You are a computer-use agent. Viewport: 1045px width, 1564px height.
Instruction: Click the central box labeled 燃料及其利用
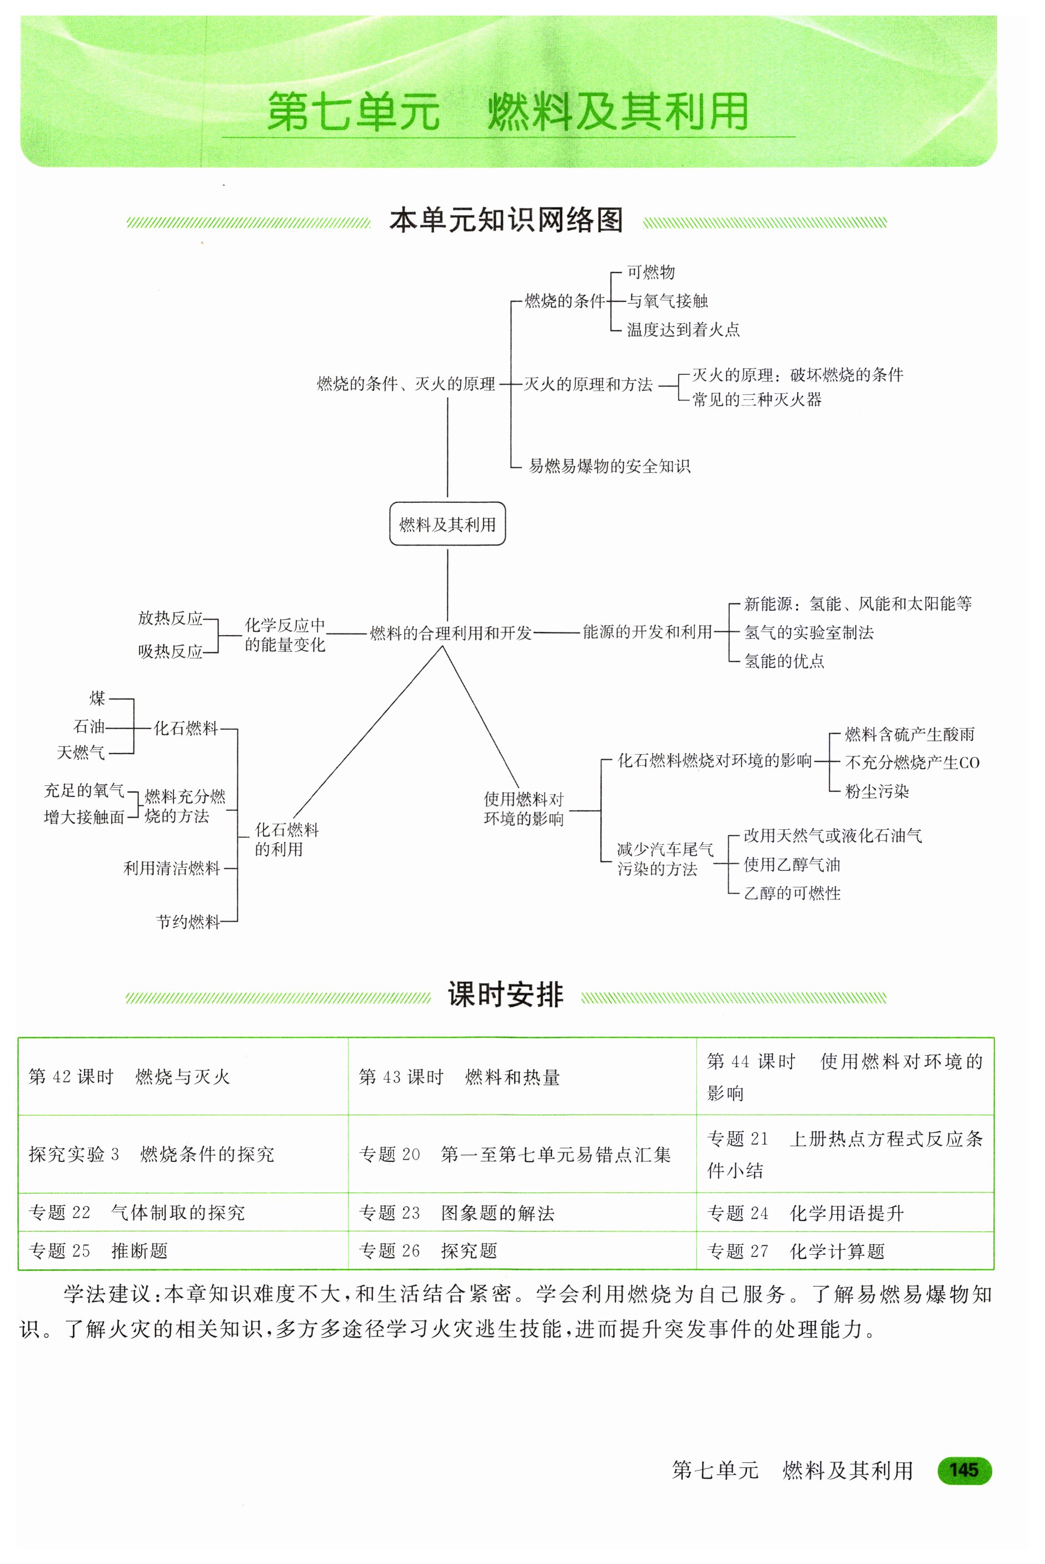tap(447, 524)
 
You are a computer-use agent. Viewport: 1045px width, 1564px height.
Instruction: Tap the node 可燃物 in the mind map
tap(650, 272)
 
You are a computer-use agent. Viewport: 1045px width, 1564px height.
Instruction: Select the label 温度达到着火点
tap(683, 329)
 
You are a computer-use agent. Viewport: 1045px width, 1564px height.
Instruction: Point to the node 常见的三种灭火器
tap(757, 399)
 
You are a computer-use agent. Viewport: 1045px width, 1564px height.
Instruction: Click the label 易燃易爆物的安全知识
tap(609, 466)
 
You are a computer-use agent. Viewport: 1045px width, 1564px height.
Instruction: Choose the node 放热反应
tap(170, 618)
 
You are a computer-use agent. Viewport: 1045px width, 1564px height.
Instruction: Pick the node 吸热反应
tap(170, 651)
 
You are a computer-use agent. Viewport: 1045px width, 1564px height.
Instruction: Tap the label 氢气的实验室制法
tap(808, 632)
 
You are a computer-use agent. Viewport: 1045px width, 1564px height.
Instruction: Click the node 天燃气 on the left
tap(81, 753)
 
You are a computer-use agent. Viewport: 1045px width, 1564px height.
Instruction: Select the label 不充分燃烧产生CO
tap(912, 762)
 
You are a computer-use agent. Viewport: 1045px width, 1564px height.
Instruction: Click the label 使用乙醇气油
tap(792, 865)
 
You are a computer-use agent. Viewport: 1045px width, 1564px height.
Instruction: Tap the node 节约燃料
tap(188, 922)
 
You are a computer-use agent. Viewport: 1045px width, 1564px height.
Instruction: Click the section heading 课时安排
tap(506, 994)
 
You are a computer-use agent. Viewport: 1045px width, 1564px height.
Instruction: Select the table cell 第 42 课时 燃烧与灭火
tap(130, 1077)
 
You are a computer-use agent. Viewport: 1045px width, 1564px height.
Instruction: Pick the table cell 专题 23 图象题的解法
tap(456, 1212)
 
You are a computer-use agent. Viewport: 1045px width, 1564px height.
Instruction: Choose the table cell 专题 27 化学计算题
tap(796, 1251)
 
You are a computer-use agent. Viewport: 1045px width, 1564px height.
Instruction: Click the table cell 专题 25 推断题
tap(98, 1251)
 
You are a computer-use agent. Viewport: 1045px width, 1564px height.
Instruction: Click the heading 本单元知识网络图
tap(506, 220)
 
